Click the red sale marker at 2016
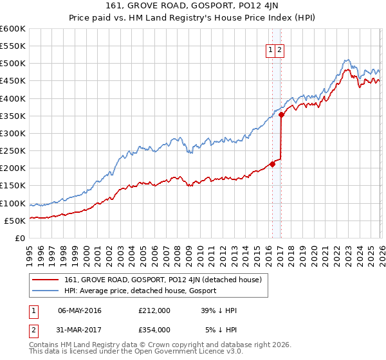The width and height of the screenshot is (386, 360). pyautogui.click(x=272, y=164)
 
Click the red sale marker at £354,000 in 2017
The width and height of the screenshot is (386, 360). pyautogui.click(x=282, y=114)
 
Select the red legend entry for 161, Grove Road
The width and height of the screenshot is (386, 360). pyautogui.click(x=163, y=280)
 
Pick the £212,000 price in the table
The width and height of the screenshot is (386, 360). pyautogui.click(x=154, y=310)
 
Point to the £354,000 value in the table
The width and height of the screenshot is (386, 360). pyautogui.click(x=154, y=329)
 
